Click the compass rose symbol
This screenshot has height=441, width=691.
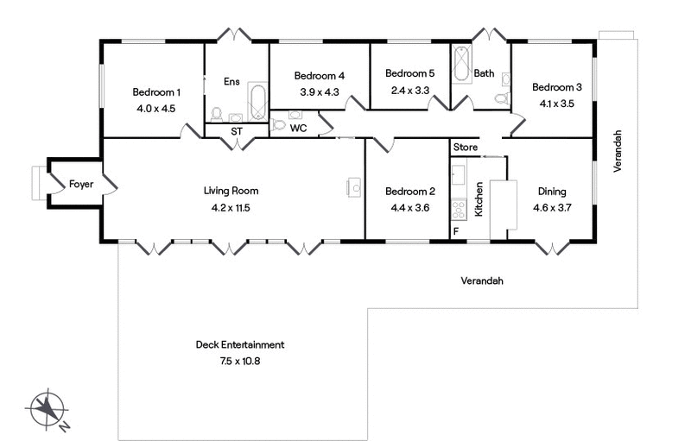[x=51, y=410]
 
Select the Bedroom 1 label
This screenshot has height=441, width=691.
[x=156, y=92]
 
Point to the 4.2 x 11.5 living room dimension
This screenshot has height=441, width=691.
[x=231, y=207]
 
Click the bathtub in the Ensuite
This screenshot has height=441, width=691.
[x=257, y=103]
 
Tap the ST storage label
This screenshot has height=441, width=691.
[x=237, y=131]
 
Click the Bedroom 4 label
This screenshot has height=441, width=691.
[x=320, y=75]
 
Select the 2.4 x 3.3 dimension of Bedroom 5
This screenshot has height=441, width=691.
[x=409, y=89]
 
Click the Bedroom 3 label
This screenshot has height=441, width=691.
[x=556, y=87]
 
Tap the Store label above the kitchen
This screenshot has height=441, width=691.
[x=465, y=148]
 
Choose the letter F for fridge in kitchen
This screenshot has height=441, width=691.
[x=456, y=232]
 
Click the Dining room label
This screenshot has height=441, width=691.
[x=552, y=192]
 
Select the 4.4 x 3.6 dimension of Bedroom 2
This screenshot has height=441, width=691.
[x=410, y=207]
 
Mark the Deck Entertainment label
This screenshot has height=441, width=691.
[x=239, y=345]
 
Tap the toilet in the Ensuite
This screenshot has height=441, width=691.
[x=217, y=114]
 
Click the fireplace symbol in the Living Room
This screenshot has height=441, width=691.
[x=354, y=187]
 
